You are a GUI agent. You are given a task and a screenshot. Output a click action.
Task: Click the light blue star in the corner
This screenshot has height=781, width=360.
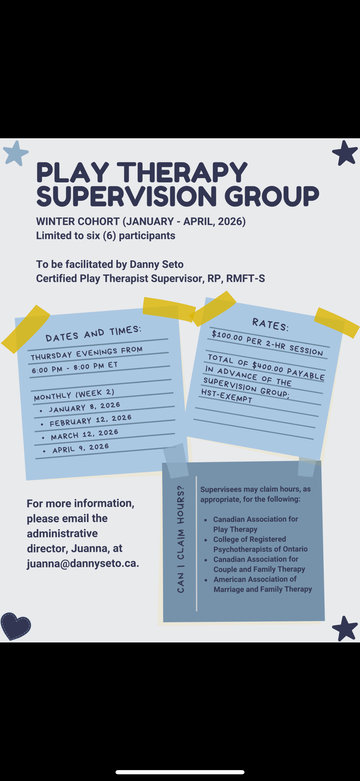pos(15,153)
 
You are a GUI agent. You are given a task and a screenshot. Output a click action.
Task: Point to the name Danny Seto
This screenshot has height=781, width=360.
pos(156,264)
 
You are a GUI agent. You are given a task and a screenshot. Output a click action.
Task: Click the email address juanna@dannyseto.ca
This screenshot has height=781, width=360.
pos(83,563)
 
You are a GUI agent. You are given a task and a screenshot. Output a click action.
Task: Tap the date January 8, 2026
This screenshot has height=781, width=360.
pos(85,407)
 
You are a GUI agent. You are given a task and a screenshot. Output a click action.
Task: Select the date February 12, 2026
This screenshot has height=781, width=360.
pos(91,420)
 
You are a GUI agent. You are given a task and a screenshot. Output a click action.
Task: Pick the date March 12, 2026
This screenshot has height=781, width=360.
pos(85,434)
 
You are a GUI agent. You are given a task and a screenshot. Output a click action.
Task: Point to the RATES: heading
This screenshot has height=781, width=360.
pos(270,325)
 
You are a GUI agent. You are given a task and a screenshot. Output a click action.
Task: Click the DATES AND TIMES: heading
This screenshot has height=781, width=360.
pos(93,333)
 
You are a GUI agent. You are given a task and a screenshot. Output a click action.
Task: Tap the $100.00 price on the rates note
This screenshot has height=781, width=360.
pos(227,336)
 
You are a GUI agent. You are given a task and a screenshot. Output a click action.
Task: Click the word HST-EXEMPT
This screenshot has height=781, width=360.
pos(227,396)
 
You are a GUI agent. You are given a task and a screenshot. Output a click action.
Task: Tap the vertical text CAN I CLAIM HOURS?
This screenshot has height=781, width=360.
pos(181,539)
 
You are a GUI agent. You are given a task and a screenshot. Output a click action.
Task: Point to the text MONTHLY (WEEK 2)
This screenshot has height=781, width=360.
pos(74,395)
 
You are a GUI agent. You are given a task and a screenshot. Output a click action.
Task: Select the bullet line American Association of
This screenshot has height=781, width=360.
pos(255,579)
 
